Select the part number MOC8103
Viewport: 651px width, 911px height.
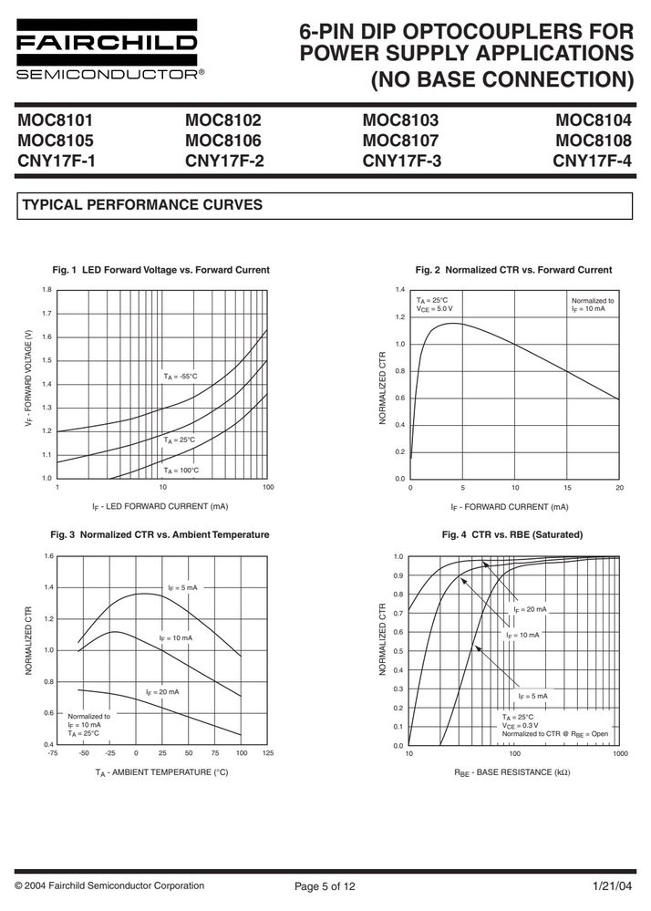(400, 120)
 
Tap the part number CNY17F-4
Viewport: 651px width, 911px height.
(592, 160)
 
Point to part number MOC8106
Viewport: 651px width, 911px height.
(223, 140)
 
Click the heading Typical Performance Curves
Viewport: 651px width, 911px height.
(142, 205)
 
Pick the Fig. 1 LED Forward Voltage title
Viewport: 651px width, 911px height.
(160, 270)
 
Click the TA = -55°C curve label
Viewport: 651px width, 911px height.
(180, 377)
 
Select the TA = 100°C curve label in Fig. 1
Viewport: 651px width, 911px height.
(181, 471)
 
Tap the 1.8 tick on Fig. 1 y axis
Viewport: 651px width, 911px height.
(47, 289)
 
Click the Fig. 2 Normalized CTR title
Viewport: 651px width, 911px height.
(513, 270)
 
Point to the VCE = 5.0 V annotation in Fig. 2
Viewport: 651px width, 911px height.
(434, 309)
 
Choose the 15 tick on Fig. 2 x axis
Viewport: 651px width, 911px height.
(567, 488)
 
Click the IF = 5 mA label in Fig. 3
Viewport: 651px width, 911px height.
(182, 588)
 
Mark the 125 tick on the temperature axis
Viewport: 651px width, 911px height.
(268, 753)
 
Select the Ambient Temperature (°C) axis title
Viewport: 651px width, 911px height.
(161, 772)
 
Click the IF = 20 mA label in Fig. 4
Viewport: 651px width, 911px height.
(530, 609)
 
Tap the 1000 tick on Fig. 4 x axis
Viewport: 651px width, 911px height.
(620, 753)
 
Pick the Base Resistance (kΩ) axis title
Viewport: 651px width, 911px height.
(511, 772)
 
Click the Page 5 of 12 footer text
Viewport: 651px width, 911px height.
(325, 886)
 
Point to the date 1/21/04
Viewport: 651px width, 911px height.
(612, 886)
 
